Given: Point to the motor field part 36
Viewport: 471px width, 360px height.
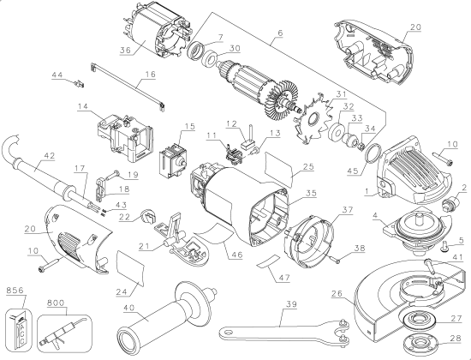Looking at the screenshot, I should coord(158,39).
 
